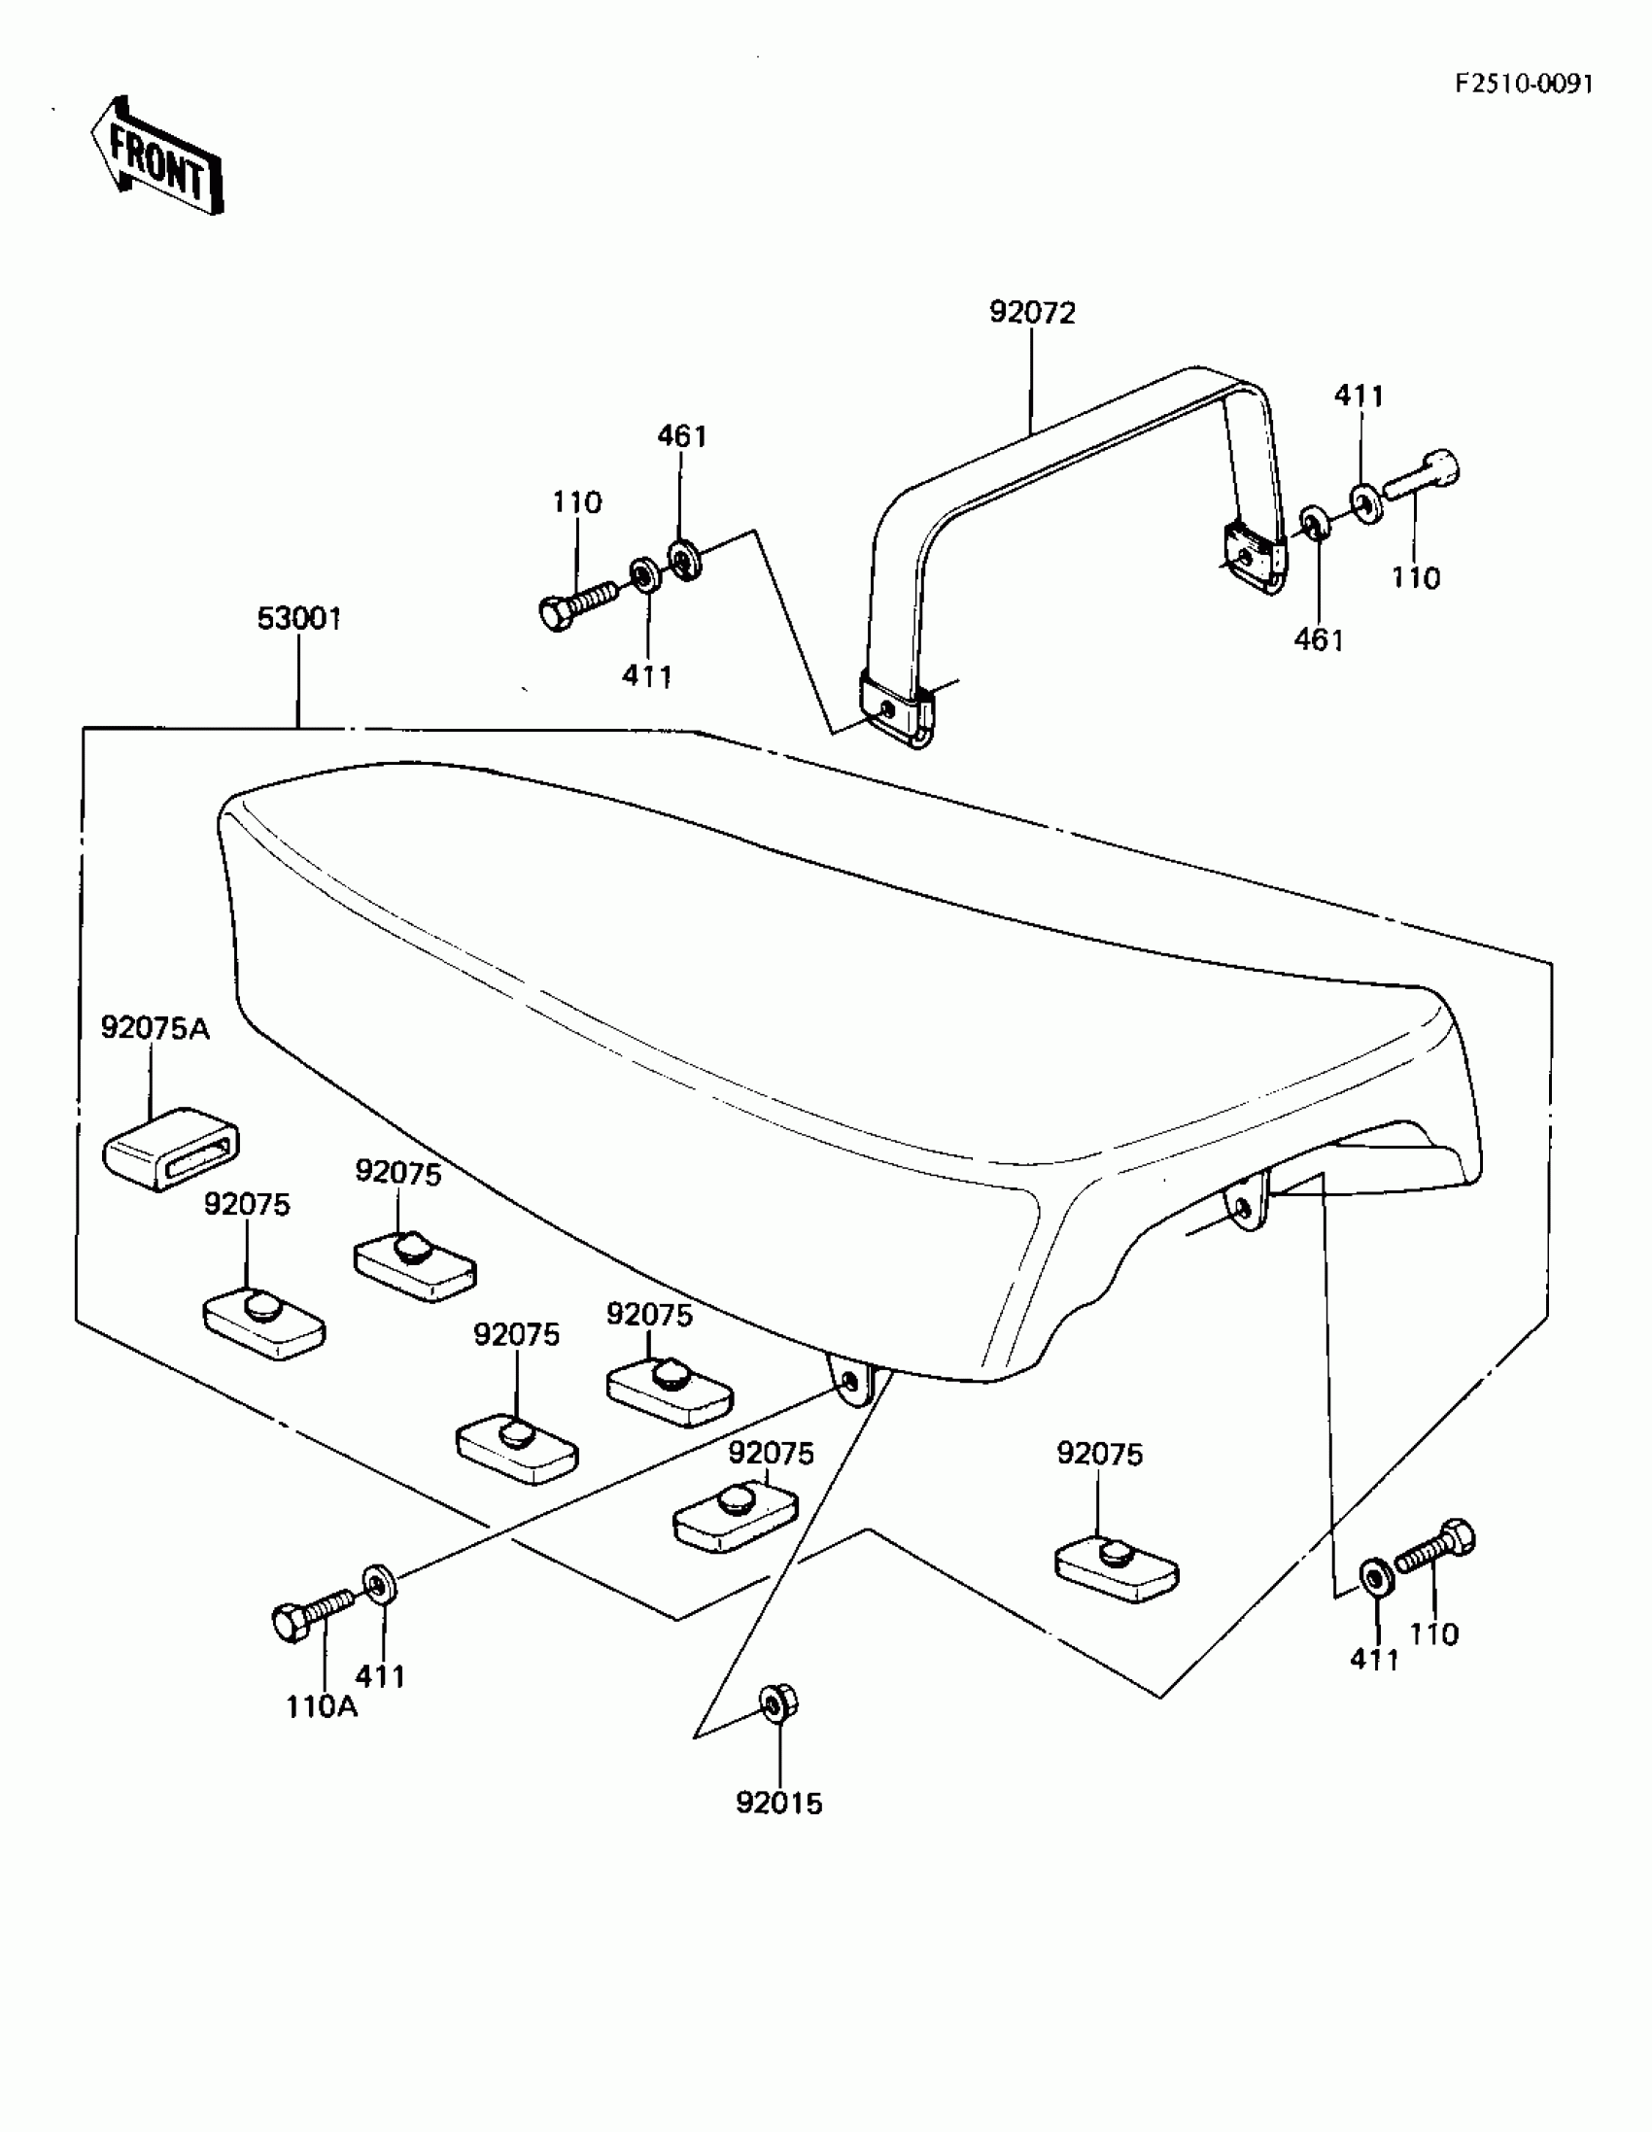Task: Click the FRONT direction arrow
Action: pos(156,157)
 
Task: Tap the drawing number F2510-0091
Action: pos(1523,85)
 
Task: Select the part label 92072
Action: pos(1032,312)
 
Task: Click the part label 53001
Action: pos(298,619)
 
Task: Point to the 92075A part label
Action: pos(155,1028)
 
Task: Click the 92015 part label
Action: pos(779,1803)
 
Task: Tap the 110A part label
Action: pos(322,1707)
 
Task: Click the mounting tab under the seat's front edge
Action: pos(850,1384)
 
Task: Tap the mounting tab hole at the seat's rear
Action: pos(1243,1209)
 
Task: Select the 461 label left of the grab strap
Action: pos(681,435)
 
